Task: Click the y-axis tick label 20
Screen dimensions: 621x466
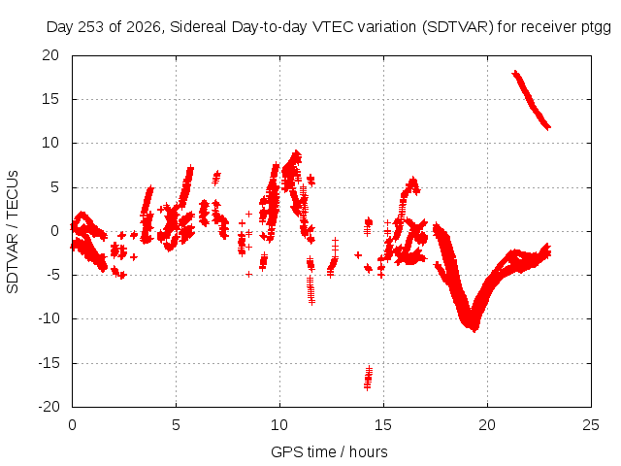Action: (x=50, y=55)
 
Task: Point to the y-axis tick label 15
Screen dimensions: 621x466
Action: (x=50, y=99)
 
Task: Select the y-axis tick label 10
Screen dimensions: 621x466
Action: (x=50, y=143)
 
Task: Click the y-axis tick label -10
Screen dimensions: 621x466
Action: (x=49, y=318)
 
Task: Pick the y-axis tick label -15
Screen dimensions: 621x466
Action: (x=49, y=363)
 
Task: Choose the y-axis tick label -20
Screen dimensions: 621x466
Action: (x=49, y=407)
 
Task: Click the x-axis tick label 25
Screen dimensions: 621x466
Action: (x=591, y=425)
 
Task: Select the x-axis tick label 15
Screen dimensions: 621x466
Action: (x=383, y=425)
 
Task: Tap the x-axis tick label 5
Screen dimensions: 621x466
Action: (x=176, y=425)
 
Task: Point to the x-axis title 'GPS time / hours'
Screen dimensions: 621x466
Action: (x=329, y=451)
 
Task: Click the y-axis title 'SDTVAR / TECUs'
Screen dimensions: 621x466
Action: (x=13, y=232)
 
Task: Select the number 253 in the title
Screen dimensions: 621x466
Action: (x=90, y=27)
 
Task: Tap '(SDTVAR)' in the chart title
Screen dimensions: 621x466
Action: (x=458, y=27)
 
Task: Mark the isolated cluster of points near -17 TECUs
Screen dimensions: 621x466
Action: (x=369, y=378)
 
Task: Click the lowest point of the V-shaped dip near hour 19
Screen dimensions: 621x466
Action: (x=474, y=330)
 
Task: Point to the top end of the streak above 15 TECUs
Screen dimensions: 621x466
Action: (x=515, y=73)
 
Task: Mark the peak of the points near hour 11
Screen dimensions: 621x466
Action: (x=296, y=152)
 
